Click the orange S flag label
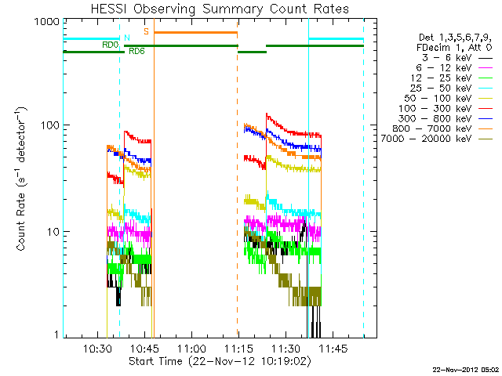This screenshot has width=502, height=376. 146,31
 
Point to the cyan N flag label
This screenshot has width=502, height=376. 126,37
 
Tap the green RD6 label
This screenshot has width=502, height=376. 136,51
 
